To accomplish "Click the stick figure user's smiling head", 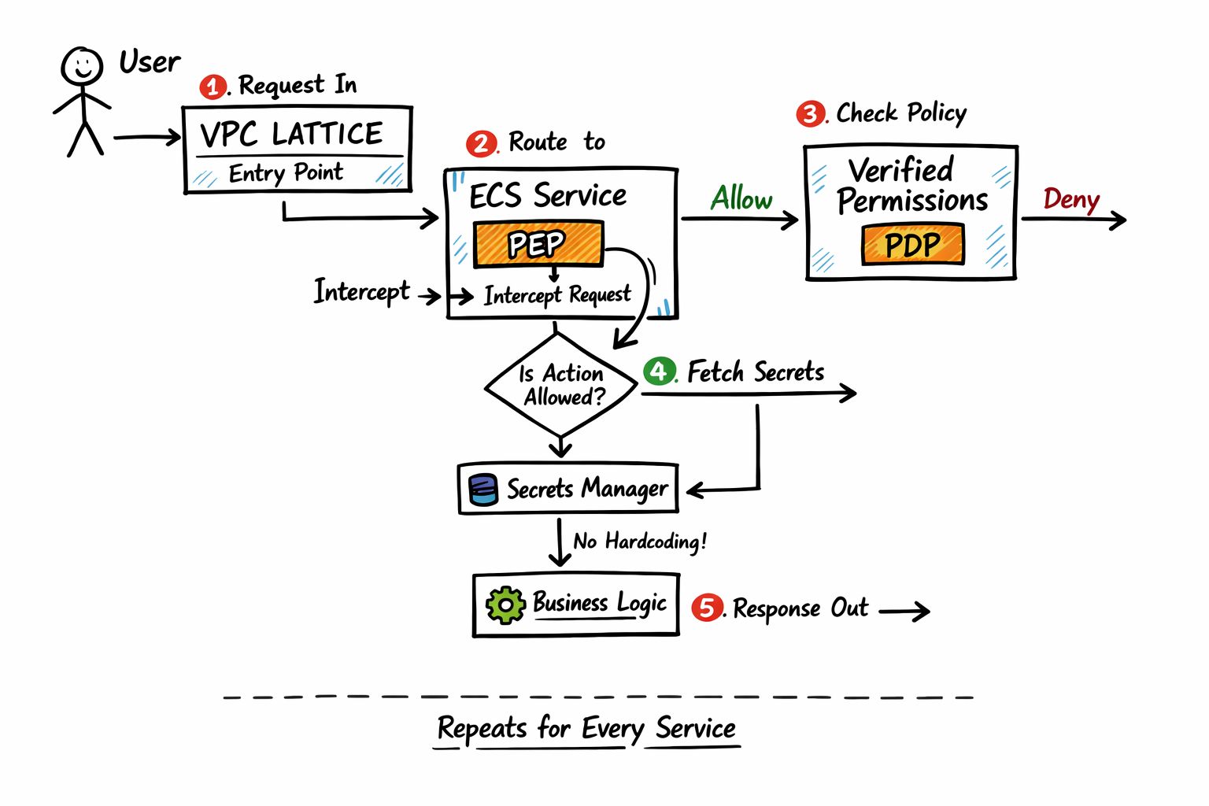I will pos(82,66).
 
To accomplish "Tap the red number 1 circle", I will pos(213,86).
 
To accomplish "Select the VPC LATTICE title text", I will pos(291,134).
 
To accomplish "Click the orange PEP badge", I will pos(538,244).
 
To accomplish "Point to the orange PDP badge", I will pos(912,245).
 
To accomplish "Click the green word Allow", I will pos(741,198).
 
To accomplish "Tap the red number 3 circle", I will pos(810,114).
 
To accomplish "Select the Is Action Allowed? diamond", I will pos(560,384).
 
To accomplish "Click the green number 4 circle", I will pos(659,371).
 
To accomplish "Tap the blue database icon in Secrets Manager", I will pos(482,489).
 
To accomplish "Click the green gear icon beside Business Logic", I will pos(505,604).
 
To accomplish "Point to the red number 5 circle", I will pos(707,608).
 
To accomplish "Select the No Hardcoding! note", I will pos(640,542).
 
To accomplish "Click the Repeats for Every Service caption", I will pos(586,728).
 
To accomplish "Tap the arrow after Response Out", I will pos(904,610).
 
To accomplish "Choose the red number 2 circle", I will pos(480,144).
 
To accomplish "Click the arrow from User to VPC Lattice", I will pos(147,138).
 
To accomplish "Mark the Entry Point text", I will pos(286,172).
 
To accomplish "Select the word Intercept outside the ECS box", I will pos(361,291).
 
